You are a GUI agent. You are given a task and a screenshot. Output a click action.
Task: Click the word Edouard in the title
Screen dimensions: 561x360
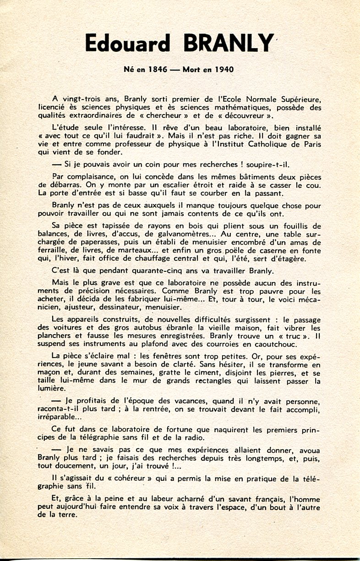[x=128, y=44]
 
